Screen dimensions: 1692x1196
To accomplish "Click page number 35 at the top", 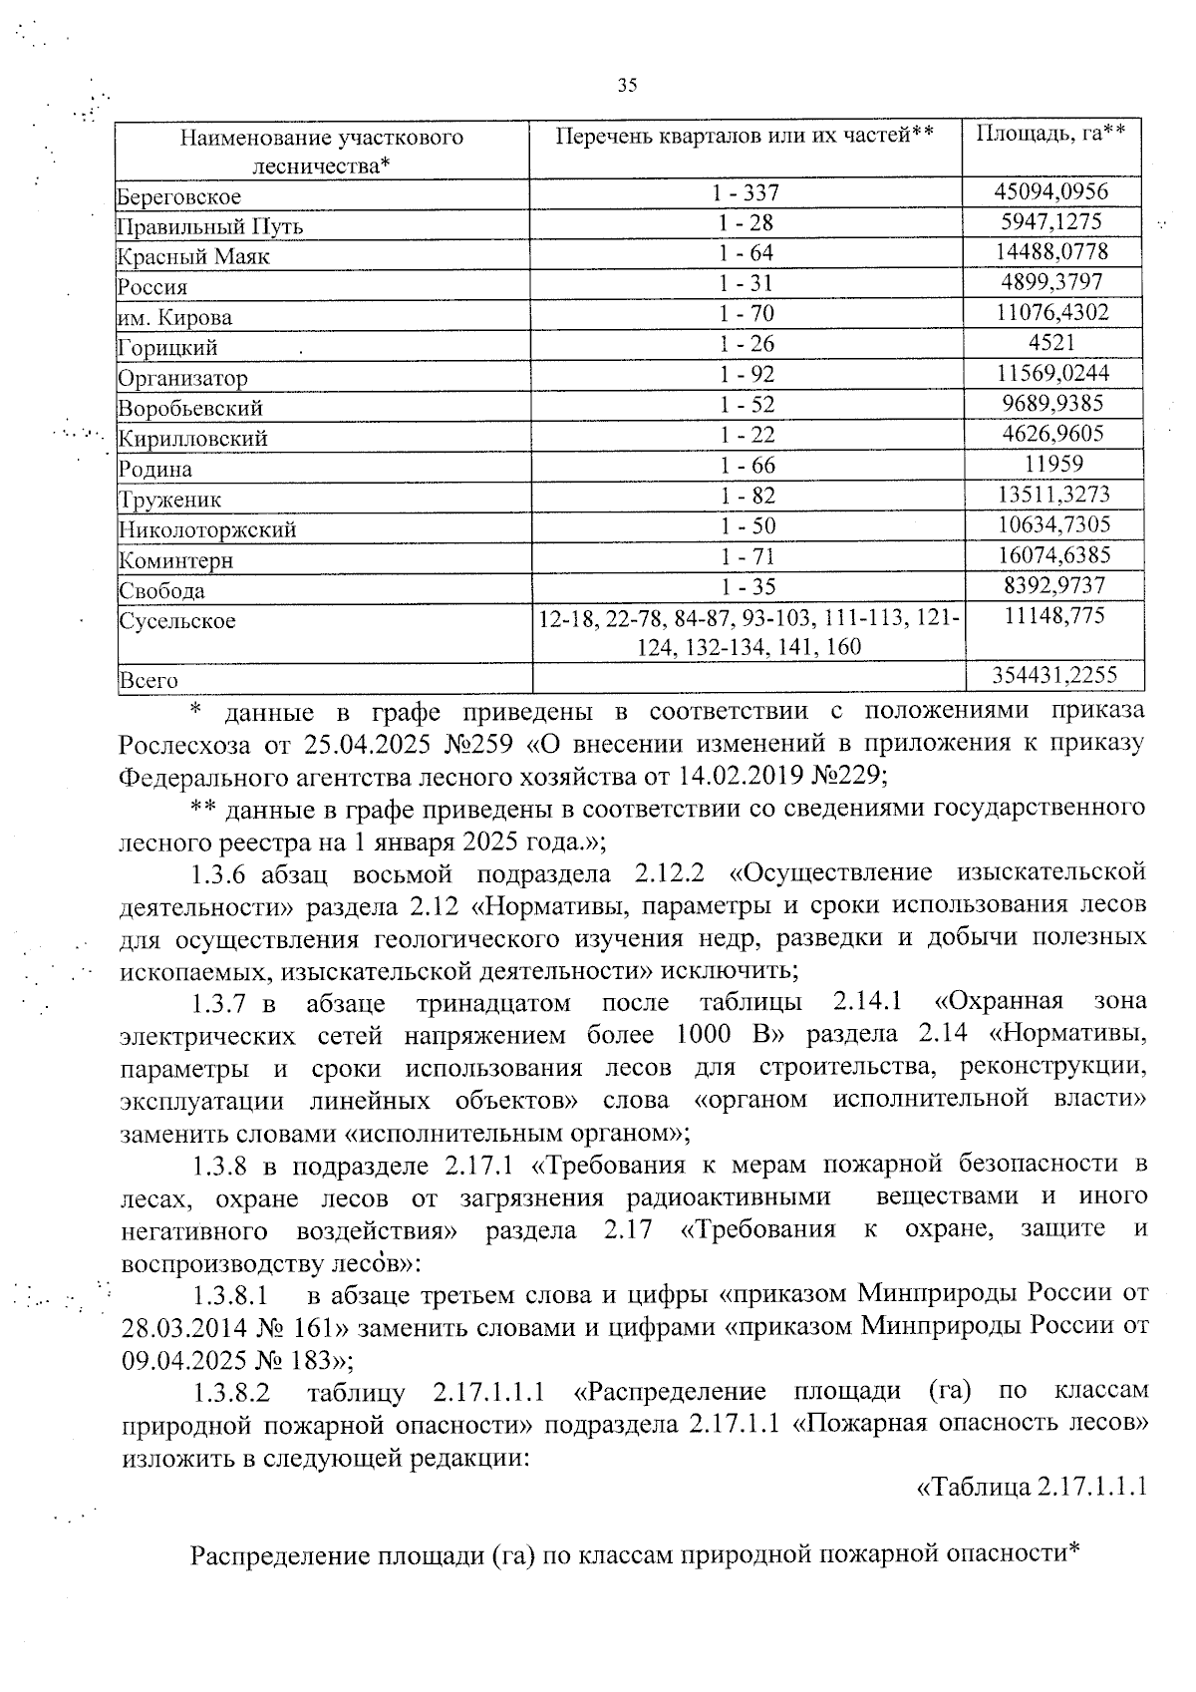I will [627, 86].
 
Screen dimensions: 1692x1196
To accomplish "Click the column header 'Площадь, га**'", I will [1050, 136].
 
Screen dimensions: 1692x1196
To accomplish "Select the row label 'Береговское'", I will [178, 196].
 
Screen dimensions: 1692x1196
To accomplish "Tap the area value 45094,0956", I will [1050, 191].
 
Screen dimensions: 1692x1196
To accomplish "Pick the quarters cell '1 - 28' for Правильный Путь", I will [747, 222].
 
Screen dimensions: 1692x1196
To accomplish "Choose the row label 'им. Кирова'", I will [175, 318].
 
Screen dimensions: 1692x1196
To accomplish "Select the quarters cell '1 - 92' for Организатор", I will [747, 374].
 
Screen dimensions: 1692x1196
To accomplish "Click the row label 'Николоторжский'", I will [207, 530].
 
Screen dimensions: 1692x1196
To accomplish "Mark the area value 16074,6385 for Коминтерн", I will [1050, 555].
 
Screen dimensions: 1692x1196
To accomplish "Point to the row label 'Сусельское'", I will [177, 621].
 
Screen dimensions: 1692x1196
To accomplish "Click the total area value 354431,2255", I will [1054, 676].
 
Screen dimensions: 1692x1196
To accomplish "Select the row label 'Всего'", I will [149, 682].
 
